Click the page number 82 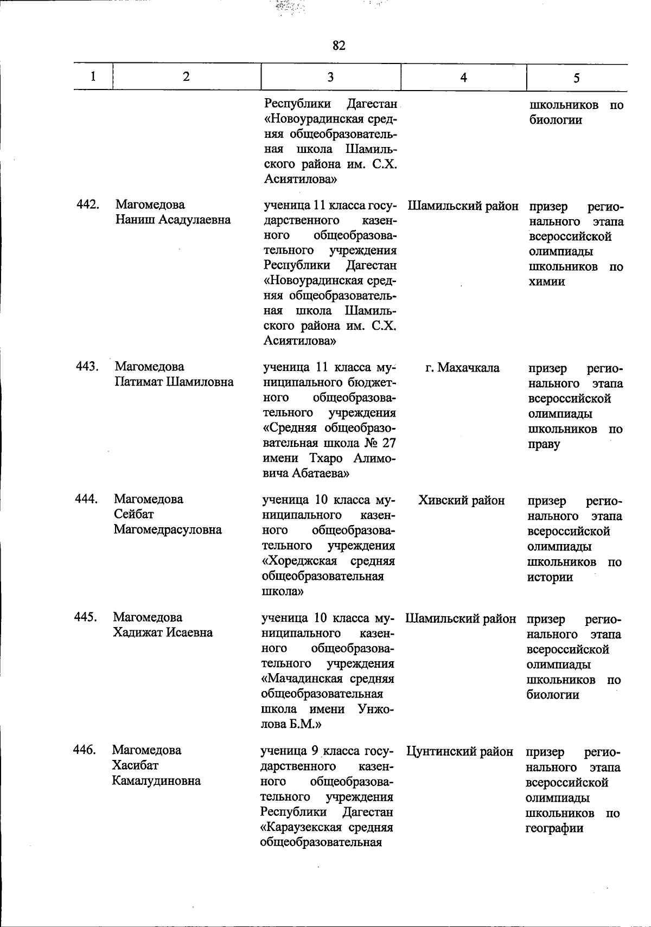pos(339,46)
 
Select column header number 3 pos(330,78)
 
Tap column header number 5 pos(576,78)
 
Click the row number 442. pos(87,204)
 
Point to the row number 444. pos(86,499)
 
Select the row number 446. pos(85,750)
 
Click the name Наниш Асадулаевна pos(173,220)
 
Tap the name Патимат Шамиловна pos(174,382)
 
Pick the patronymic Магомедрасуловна pos(168,529)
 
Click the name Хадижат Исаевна pos(163,632)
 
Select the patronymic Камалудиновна pos(156,781)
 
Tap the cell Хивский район pos(462,500)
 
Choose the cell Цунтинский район pos(459,751)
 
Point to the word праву pos(545,444)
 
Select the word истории pos(550,577)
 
